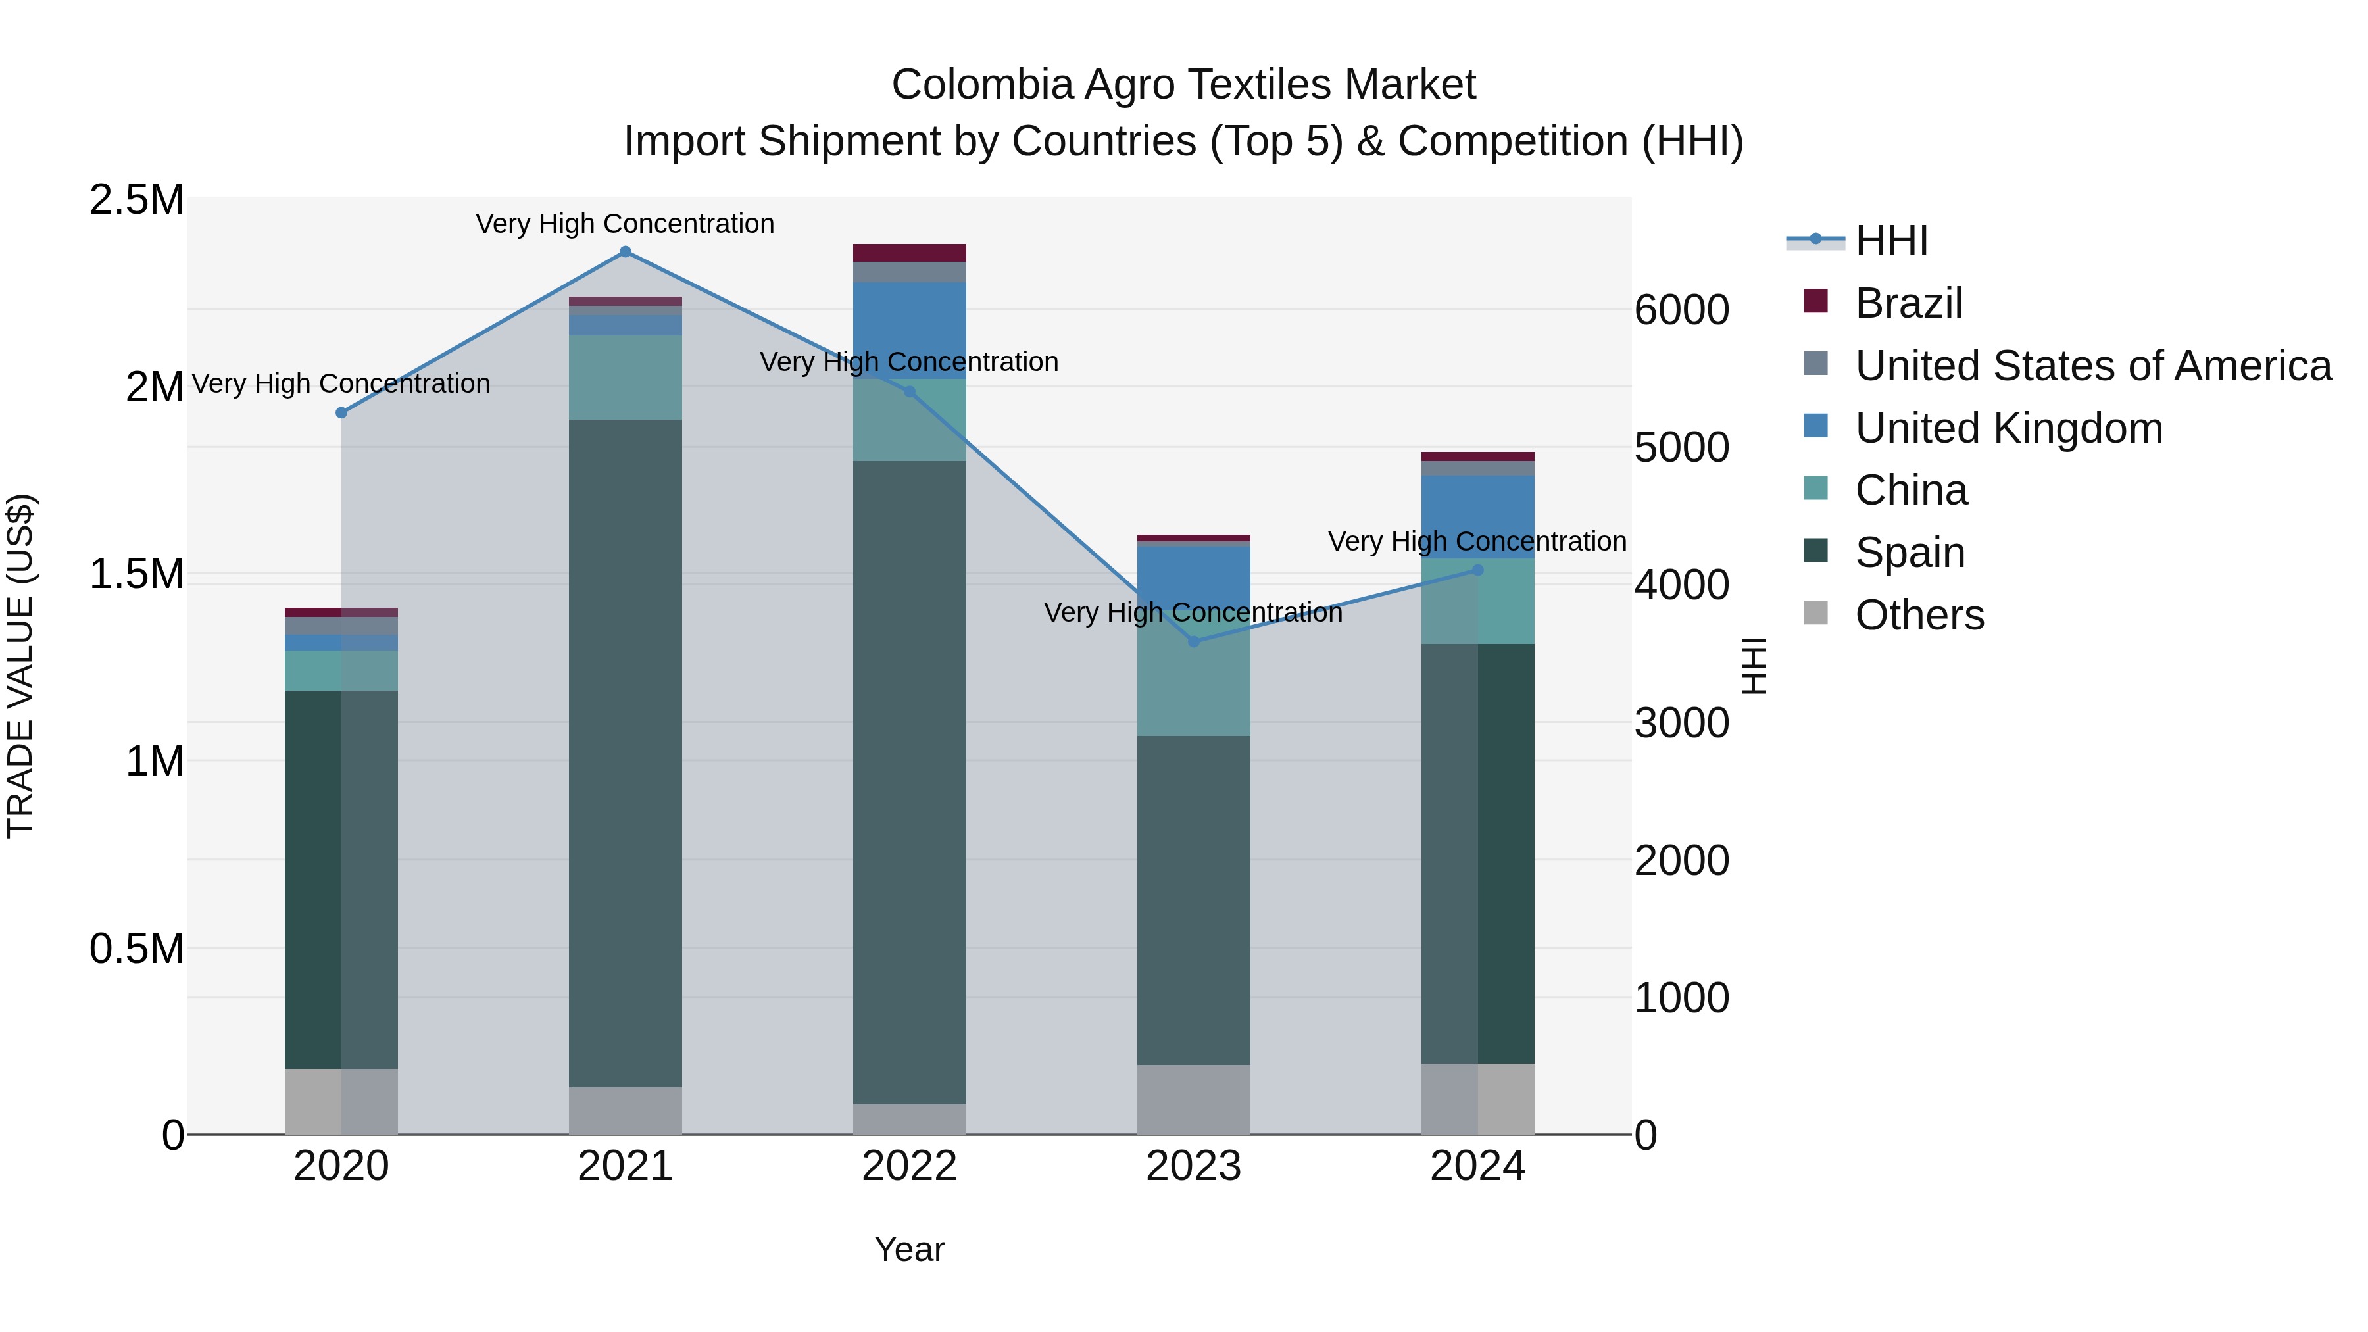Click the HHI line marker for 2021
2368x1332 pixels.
click(625, 252)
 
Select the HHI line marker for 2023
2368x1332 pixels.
click(1193, 641)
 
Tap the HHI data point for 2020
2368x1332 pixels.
click(341, 412)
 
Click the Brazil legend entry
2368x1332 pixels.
click(1908, 303)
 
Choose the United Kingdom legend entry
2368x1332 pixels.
click(2009, 428)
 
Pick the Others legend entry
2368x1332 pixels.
click(1919, 615)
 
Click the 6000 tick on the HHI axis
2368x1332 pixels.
click(1681, 310)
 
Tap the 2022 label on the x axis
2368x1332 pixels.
click(909, 1166)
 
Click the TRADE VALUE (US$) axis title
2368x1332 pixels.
click(20, 666)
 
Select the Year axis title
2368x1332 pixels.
click(909, 1249)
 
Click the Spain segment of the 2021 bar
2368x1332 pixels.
click(625, 754)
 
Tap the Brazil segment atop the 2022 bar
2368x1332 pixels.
click(909, 253)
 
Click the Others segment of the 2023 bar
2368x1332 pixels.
click(1193, 1099)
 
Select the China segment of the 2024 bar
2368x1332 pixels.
click(1477, 601)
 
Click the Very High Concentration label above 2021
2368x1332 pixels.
click(625, 224)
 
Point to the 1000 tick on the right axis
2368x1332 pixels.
click(1681, 999)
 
